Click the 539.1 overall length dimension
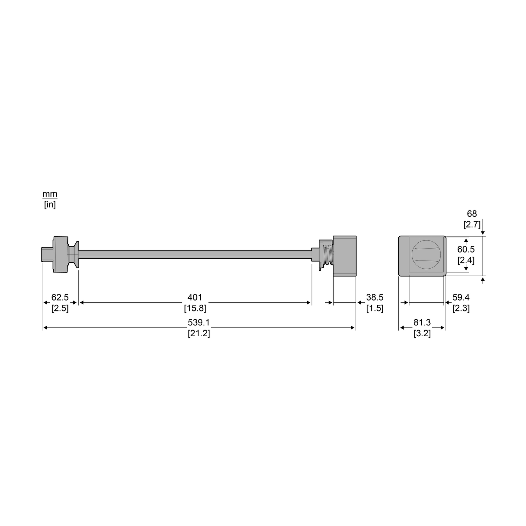point(198,322)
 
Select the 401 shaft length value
point(195,297)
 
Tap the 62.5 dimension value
point(60,297)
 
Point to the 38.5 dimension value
point(375,297)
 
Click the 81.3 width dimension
point(422,322)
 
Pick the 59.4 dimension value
point(461,297)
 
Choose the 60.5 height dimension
point(466,249)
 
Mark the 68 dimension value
point(472,214)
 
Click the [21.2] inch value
point(199,333)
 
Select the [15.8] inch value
point(195,308)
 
